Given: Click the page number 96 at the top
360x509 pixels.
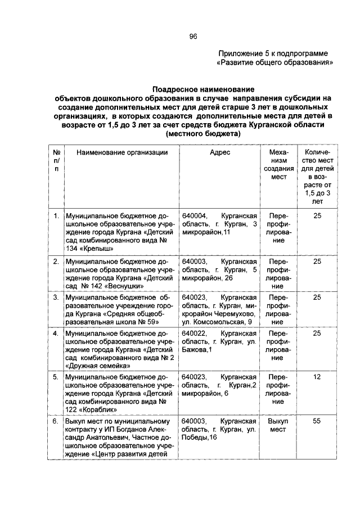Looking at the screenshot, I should (193, 37).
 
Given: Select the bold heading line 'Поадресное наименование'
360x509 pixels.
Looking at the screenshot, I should (203, 89).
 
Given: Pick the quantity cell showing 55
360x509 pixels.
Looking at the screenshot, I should (317, 421).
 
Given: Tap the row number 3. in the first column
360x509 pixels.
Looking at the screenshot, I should (56, 296).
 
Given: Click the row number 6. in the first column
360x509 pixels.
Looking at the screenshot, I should (56, 421).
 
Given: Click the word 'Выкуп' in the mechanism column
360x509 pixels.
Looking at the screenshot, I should (277, 421).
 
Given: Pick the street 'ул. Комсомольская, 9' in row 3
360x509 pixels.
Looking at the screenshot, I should (215, 322).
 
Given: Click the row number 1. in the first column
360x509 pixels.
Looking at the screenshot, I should (56, 215).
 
